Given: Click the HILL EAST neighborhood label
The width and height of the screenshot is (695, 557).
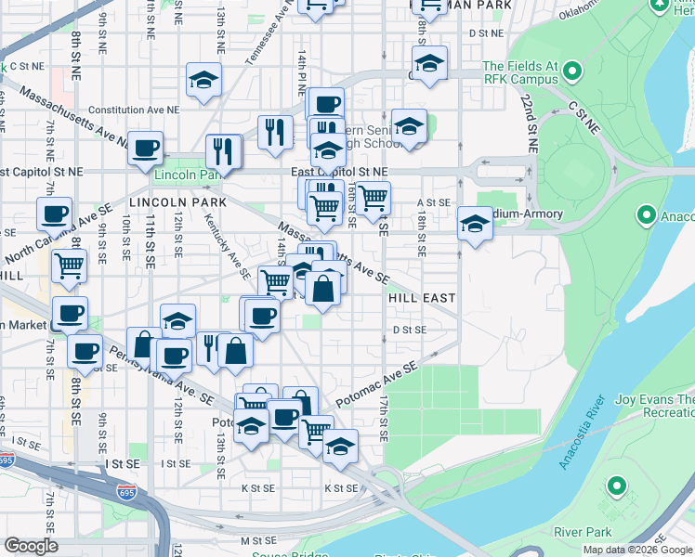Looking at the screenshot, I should (x=422, y=298).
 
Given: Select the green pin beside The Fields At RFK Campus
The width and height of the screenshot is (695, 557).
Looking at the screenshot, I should (x=572, y=71).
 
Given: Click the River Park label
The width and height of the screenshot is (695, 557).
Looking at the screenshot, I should (x=583, y=532).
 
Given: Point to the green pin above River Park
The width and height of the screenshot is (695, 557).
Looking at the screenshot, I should (x=614, y=486).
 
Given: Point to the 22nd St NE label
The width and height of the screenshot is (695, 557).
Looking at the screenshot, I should (x=529, y=122).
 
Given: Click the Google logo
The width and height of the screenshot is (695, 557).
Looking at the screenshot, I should (x=31, y=546).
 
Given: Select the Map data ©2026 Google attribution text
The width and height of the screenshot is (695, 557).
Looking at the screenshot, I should (x=636, y=550).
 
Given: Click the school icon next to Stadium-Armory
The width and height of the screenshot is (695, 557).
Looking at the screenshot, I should (x=475, y=224).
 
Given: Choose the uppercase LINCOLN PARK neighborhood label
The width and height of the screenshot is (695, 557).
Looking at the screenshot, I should (x=165, y=201).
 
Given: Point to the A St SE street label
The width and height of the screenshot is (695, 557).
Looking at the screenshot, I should (x=433, y=201).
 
